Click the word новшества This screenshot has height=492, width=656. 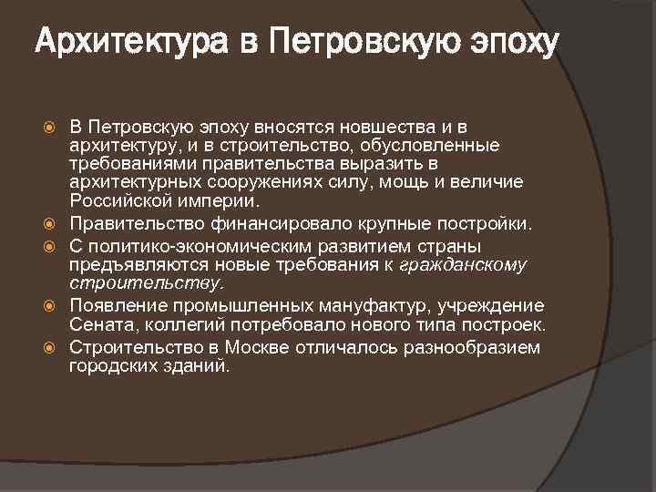(x=398, y=125)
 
